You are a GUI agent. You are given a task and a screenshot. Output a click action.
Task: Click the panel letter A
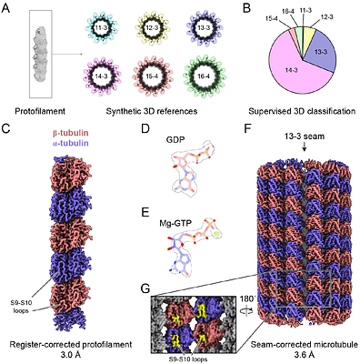click(8, 7)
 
